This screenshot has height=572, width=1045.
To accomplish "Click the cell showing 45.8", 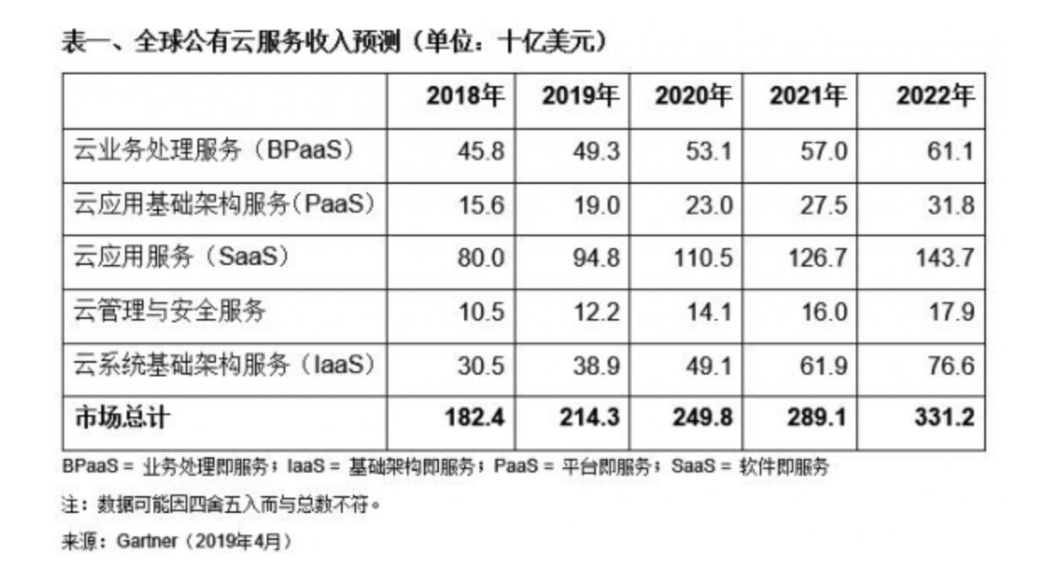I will click(x=478, y=152).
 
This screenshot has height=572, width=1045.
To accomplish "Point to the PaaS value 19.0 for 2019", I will click(x=593, y=205).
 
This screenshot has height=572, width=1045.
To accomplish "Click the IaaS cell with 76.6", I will click(x=952, y=365).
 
